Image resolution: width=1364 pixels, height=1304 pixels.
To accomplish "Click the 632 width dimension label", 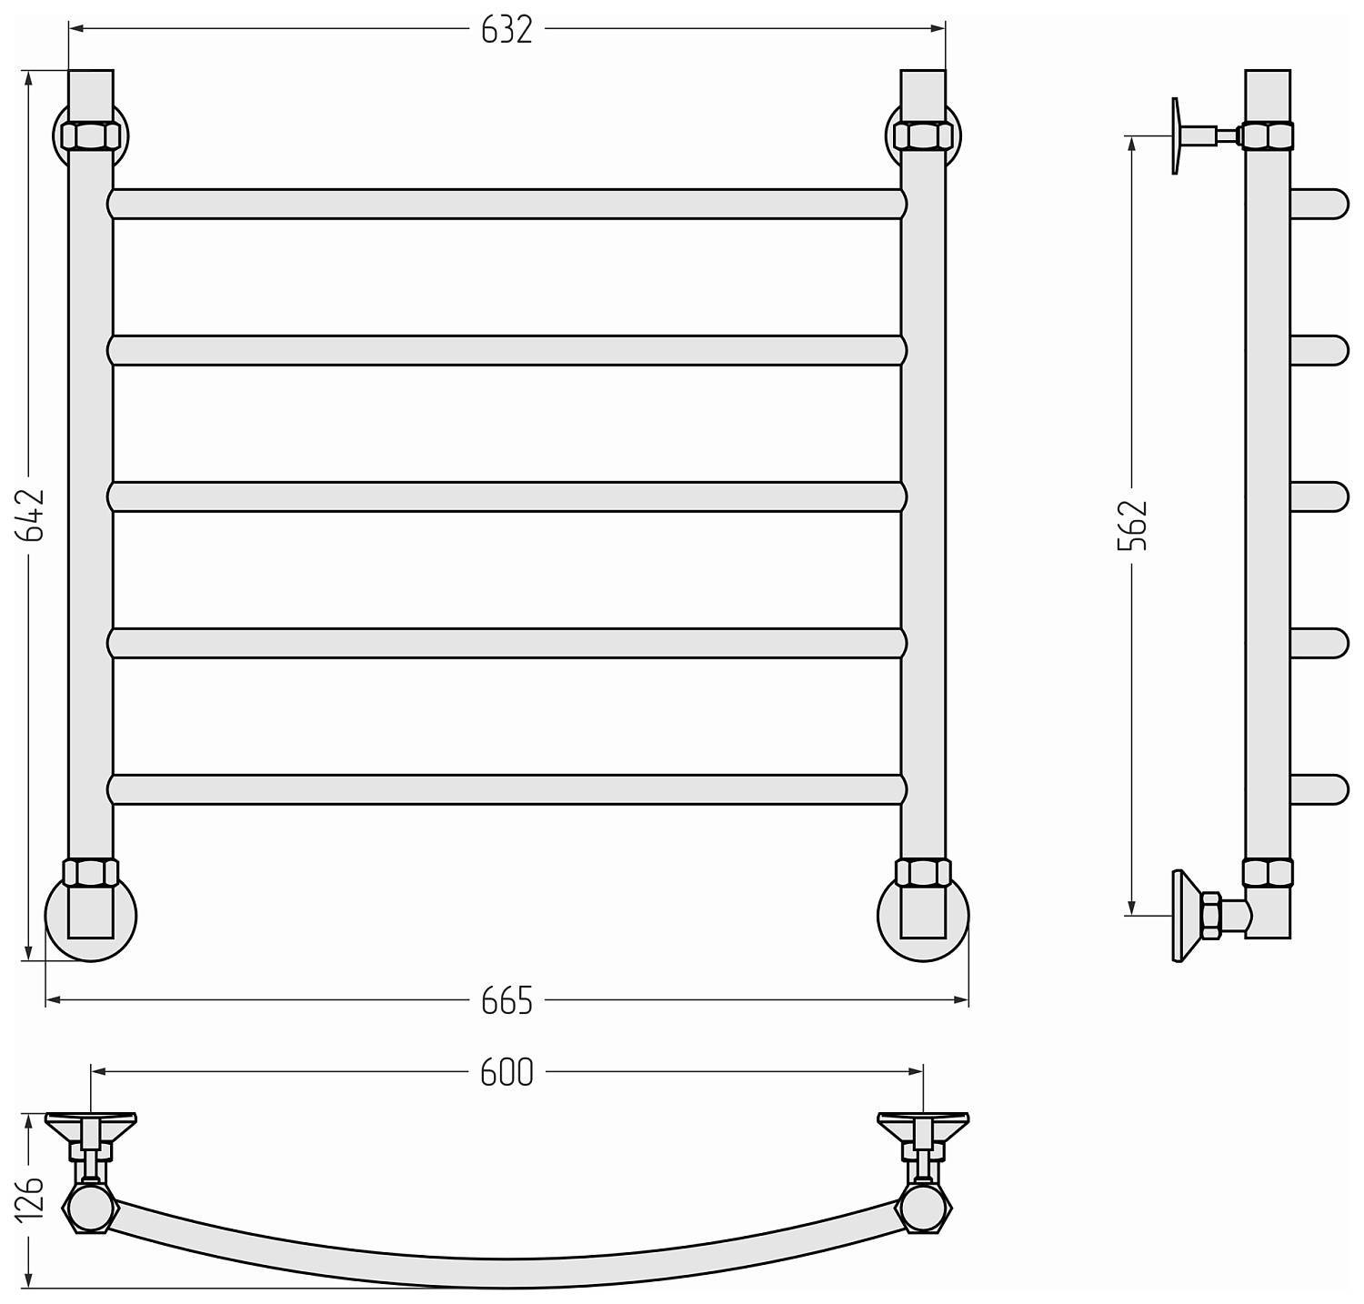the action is tap(506, 30).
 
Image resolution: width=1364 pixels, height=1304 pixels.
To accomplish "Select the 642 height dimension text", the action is tap(30, 516).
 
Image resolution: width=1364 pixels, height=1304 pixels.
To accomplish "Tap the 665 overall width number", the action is tap(506, 1001).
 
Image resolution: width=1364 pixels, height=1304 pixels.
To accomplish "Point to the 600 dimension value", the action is tap(506, 1074).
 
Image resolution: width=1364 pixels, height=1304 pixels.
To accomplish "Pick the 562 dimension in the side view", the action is tap(1133, 526).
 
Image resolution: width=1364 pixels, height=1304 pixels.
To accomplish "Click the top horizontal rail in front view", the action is tap(507, 204).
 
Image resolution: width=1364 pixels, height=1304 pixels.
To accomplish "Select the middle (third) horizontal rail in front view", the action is tap(507, 497).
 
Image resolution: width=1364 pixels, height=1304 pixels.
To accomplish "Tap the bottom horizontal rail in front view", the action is tap(507, 789).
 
